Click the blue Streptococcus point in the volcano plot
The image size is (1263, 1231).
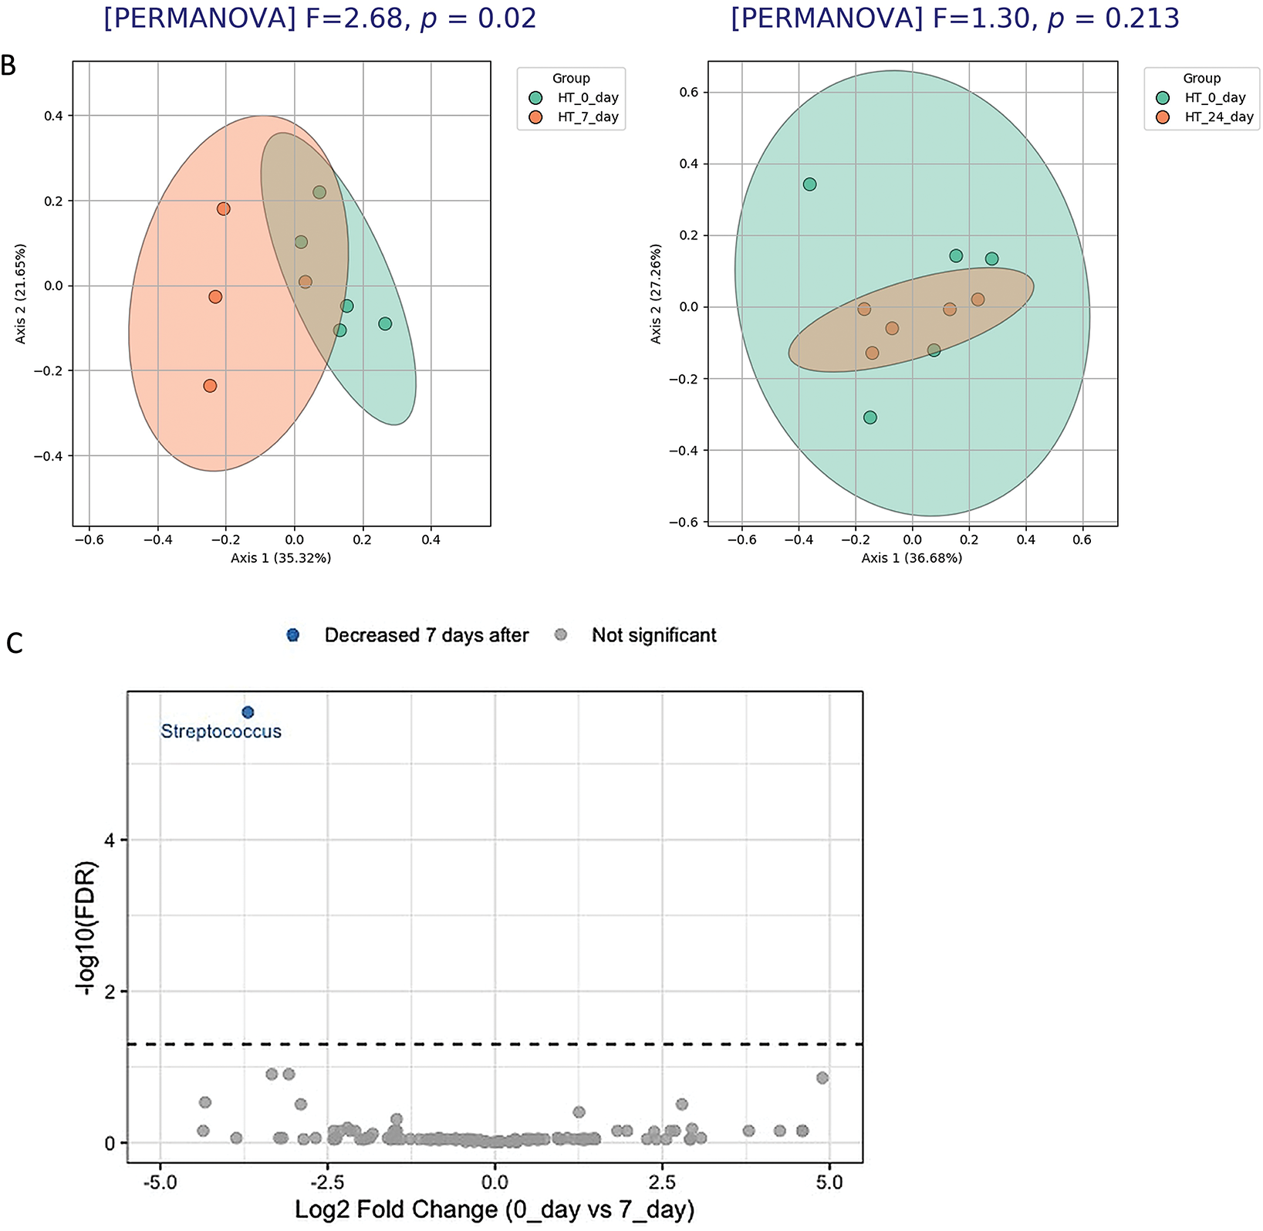click(248, 712)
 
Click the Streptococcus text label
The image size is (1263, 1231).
click(221, 732)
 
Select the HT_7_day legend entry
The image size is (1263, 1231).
click(587, 118)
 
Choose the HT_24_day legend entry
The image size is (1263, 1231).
click(1218, 118)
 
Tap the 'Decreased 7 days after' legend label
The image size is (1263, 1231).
click(426, 635)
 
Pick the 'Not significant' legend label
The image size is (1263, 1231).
click(653, 635)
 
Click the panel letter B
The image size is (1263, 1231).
click(8, 66)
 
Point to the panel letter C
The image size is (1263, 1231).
click(14, 643)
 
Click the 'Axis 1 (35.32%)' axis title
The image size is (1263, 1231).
click(281, 558)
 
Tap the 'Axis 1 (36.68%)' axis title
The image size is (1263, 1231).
click(912, 558)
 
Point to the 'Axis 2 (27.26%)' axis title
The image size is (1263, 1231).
click(656, 294)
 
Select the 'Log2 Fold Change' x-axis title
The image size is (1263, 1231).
click(495, 1209)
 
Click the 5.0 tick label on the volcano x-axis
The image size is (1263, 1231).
click(829, 1182)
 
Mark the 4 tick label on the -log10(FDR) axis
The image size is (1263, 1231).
click(110, 840)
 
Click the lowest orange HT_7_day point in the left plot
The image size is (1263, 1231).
click(210, 386)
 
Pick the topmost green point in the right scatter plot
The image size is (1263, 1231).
click(809, 184)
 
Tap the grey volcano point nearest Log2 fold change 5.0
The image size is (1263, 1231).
click(822, 1077)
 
